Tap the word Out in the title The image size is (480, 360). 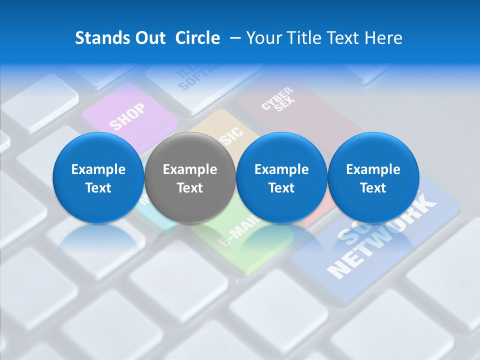148,38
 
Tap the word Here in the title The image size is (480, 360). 384,38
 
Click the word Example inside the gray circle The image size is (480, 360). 190,169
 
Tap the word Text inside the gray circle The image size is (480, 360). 190,188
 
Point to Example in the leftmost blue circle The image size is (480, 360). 98,169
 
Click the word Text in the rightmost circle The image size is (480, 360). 373,188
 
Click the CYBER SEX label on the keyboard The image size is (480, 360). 278,99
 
